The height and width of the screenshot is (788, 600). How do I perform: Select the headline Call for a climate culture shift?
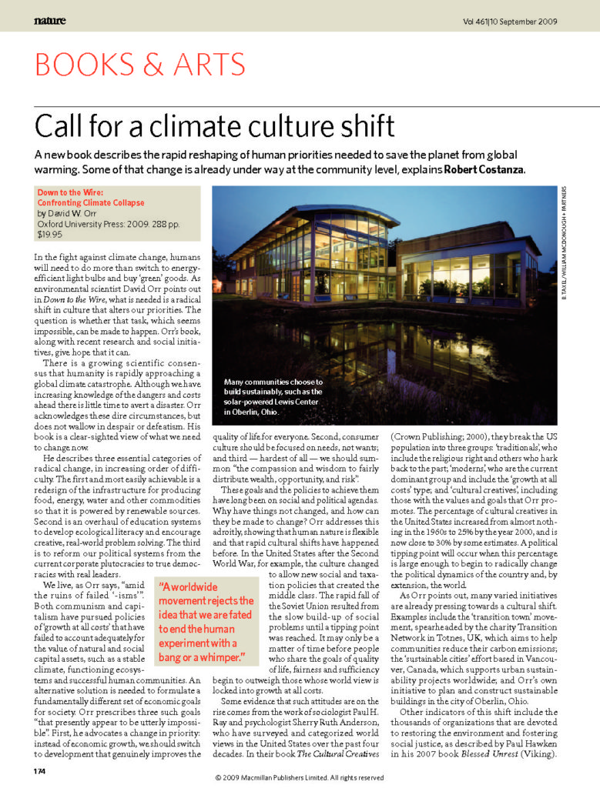pos(216,125)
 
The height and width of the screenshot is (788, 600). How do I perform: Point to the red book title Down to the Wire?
pos(69,192)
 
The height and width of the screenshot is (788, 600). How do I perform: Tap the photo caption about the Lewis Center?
pos(273,396)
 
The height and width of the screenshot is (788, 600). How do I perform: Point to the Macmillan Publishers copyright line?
pos(300,778)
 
